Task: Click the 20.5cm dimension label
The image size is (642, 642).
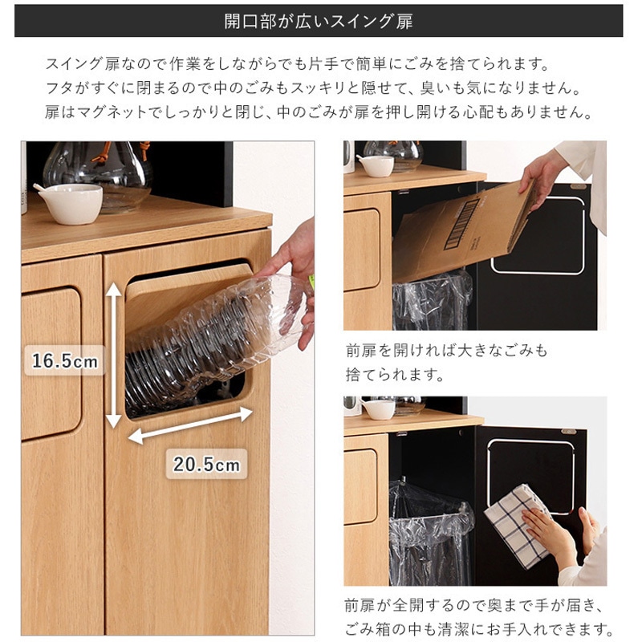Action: (206, 463)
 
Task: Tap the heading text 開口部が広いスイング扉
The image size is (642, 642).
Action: (319, 21)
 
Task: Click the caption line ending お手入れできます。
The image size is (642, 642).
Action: (480, 628)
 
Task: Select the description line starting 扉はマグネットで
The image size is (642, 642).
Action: (319, 112)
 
